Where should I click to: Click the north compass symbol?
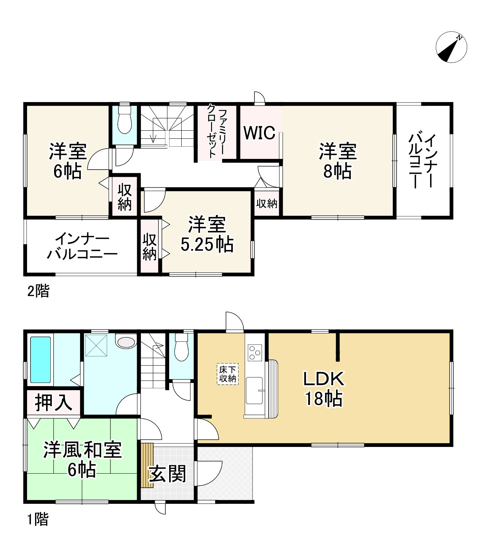(451, 47)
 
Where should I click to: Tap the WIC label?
(259, 133)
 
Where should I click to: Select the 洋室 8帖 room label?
(338, 161)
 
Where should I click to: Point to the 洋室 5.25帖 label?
(207, 234)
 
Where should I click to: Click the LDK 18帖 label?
(323, 389)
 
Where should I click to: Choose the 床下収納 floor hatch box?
(228, 374)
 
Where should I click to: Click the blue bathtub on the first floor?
(40, 360)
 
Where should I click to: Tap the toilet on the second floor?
(124, 120)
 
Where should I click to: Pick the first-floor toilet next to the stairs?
(181, 347)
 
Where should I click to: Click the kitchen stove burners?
(254, 352)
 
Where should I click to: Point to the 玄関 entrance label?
(167, 474)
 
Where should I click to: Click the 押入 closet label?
(53, 402)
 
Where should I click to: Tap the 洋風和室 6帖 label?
(82, 459)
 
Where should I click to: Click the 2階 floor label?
(38, 292)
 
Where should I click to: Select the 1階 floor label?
(38, 519)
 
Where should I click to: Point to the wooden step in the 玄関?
(147, 465)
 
